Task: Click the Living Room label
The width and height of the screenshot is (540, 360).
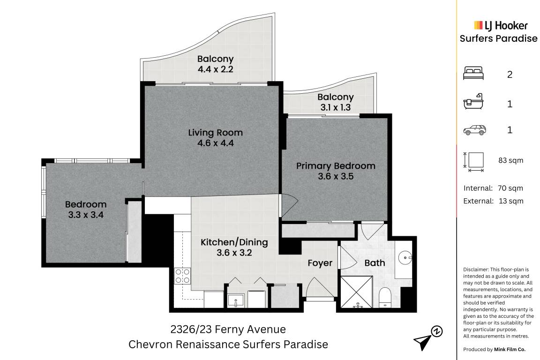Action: click(215, 133)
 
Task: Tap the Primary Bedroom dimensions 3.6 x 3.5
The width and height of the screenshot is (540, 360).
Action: click(336, 176)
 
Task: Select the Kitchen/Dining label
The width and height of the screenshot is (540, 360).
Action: click(234, 242)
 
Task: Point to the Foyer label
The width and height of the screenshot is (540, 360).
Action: click(320, 263)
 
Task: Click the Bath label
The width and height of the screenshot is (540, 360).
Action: click(375, 263)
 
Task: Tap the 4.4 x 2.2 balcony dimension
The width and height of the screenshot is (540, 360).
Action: click(215, 69)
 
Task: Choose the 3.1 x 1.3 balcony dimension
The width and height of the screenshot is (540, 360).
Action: click(336, 107)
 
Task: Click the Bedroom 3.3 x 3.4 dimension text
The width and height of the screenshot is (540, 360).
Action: click(86, 215)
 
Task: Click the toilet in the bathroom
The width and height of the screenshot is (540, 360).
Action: click(385, 297)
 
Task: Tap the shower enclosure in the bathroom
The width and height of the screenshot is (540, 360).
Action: click(356, 292)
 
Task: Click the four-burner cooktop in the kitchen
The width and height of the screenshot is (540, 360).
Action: click(182, 276)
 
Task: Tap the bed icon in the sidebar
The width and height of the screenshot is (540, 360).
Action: click(473, 74)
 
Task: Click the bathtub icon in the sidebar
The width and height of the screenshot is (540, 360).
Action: click(473, 102)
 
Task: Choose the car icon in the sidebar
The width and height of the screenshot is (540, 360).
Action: click(474, 130)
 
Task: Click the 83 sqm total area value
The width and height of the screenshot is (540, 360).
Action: click(511, 160)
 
